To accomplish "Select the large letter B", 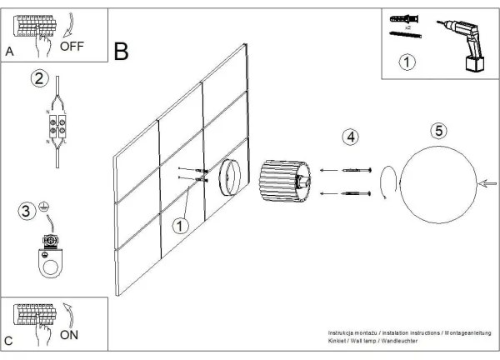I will [122, 52].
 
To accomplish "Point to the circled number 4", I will [352, 137].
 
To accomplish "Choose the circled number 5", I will [438, 131].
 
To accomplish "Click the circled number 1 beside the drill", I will [406, 62].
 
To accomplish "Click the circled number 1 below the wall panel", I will [180, 225].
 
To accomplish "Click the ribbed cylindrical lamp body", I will [283, 182].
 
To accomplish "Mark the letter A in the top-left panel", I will [10, 52].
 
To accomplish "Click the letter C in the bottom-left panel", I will [8, 341].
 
